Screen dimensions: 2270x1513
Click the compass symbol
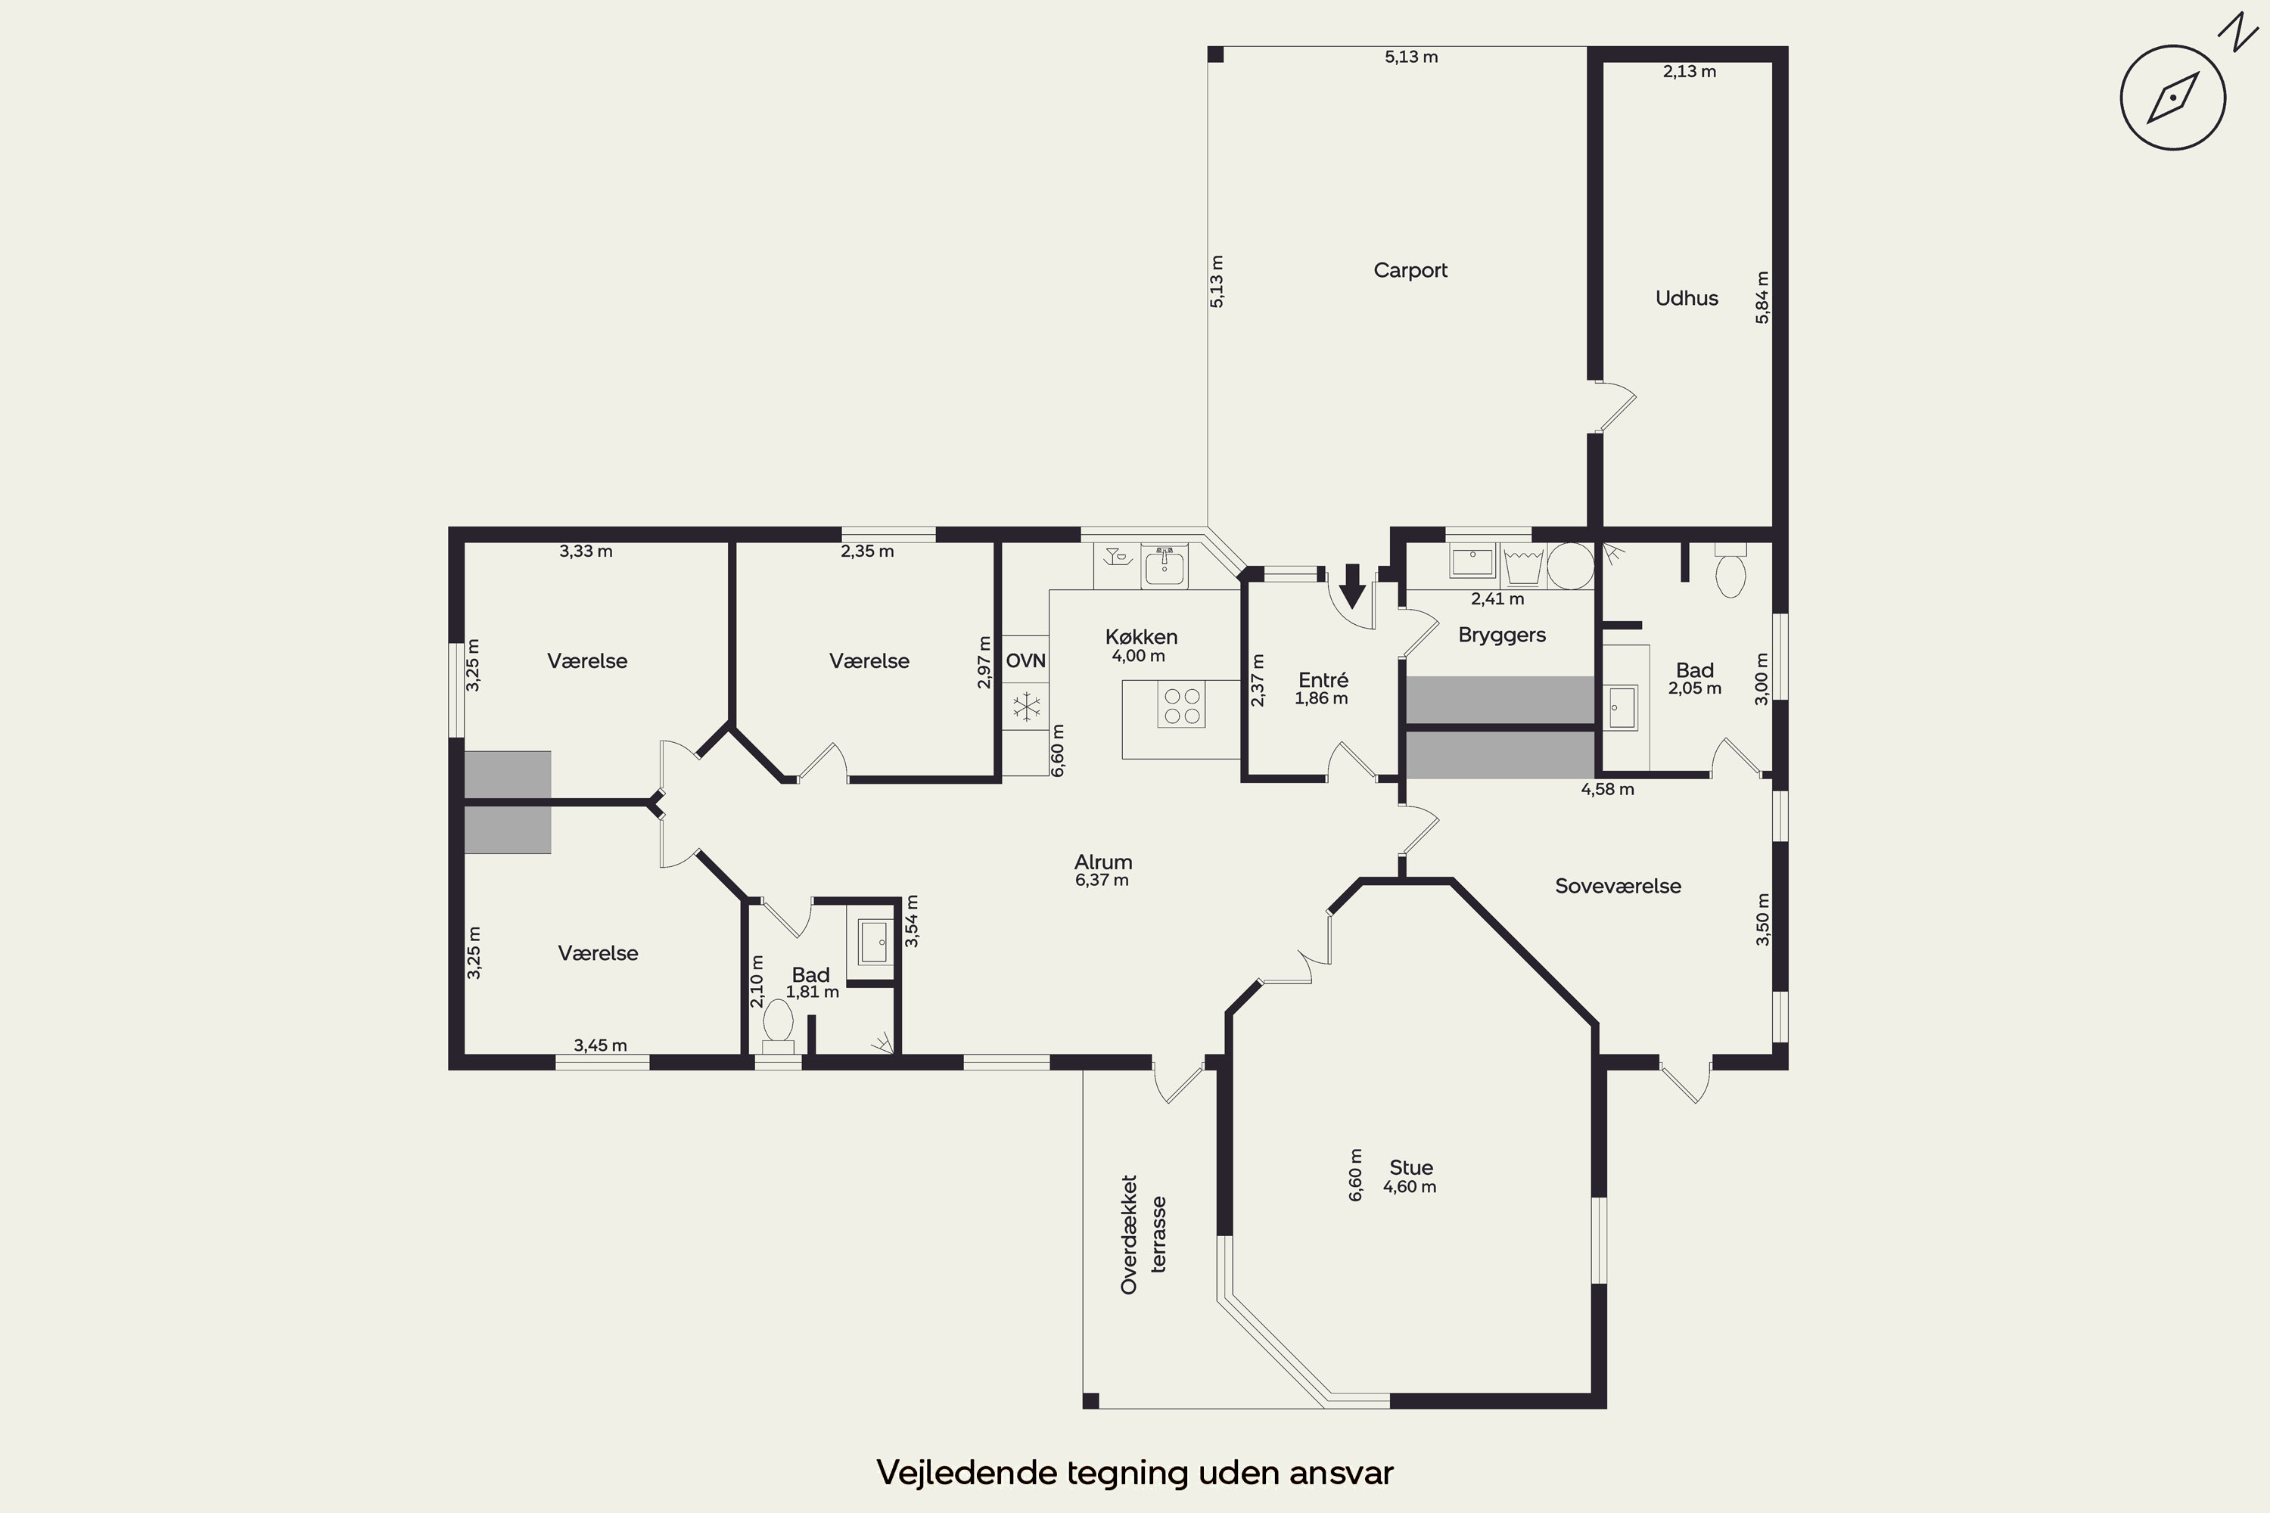pos(2172,98)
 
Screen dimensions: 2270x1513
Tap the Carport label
pos(1410,270)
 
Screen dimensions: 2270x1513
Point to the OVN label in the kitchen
pos(1025,661)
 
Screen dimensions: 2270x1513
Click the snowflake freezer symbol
pos(1026,707)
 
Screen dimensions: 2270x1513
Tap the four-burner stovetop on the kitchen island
pos(1181,705)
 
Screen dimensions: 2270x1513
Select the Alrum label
pos(1103,862)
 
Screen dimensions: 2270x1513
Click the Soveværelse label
pos(1618,886)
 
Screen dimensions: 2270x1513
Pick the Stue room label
pos(1411,1167)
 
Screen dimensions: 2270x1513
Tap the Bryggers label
pos(1502,635)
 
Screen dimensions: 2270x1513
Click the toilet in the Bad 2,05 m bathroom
pos(1730,571)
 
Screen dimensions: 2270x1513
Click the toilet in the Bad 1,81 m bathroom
pos(778,1025)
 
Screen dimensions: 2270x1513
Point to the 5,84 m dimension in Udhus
pos(1762,297)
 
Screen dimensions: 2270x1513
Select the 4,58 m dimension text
pos(1607,789)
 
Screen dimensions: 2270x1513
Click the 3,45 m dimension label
pos(600,1045)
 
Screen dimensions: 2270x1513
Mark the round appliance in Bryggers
pos(1570,567)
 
